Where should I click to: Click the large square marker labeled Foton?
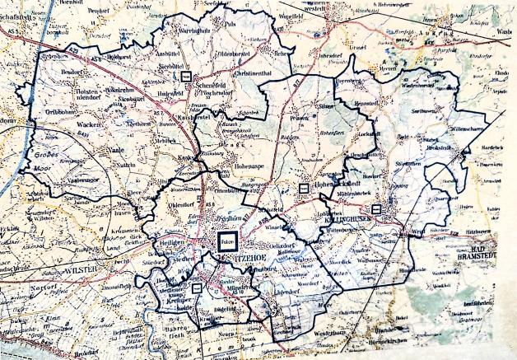tap(227, 241)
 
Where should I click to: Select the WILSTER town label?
tap(82, 268)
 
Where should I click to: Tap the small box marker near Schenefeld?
tap(186, 75)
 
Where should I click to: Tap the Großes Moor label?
tap(44, 156)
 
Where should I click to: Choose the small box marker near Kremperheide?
tap(196, 288)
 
